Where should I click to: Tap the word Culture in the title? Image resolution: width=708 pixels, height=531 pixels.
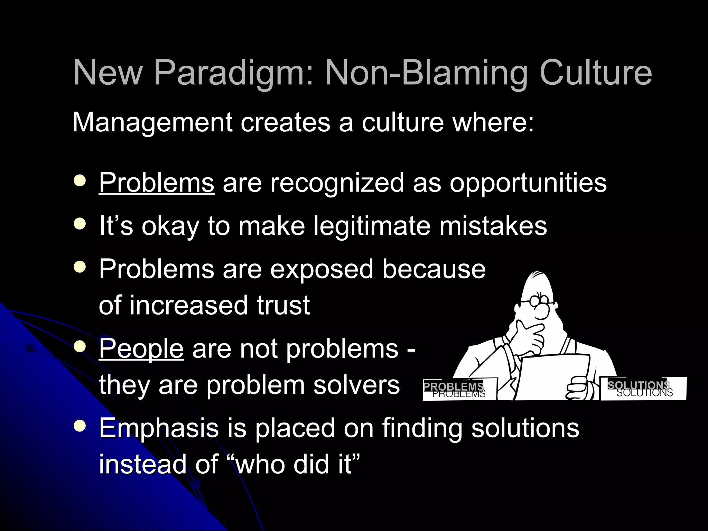tap(595, 73)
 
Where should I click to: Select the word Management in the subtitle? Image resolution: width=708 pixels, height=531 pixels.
tap(152, 123)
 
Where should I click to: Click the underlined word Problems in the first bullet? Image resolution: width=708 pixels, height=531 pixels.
tap(157, 183)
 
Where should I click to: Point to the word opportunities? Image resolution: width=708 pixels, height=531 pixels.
tap(528, 183)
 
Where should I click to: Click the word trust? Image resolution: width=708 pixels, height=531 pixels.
tap(283, 305)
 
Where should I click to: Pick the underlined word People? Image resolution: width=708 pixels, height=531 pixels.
tap(141, 349)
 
